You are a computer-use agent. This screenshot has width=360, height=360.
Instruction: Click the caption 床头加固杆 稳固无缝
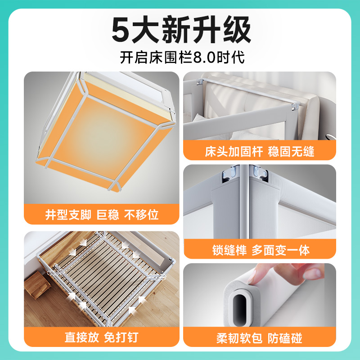click(x=260, y=151)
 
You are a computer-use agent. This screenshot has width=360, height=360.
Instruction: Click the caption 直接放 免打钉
click(x=102, y=337)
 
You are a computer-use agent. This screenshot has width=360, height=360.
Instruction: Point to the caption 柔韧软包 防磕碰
click(x=260, y=337)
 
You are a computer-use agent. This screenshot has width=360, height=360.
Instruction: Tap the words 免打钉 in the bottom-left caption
click(x=121, y=337)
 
